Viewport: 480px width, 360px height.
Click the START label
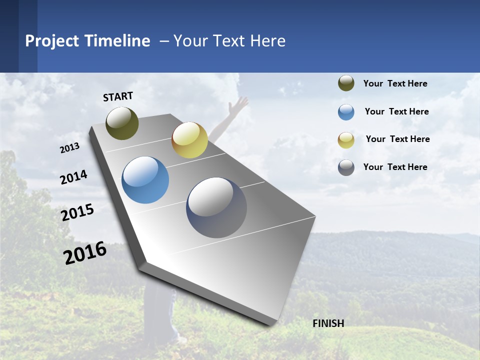pyautogui.click(x=118, y=96)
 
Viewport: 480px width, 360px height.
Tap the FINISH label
pyautogui.click(x=328, y=323)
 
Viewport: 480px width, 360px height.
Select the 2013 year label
pyautogui.click(x=70, y=148)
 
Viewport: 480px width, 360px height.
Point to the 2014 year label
pyautogui.click(x=73, y=177)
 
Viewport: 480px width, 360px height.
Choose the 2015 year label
pyautogui.click(x=77, y=212)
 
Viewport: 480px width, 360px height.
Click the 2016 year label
pyautogui.click(x=85, y=252)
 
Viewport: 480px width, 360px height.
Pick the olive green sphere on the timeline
pyautogui.click(x=122, y=123)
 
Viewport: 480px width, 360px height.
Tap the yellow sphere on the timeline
pyautogui.click(x=189, y=140)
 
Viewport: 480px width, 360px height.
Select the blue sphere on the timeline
pyautogui.click(x=145, y=180)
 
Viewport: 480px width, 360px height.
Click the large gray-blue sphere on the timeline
pyautogui.click(x=216, y=207)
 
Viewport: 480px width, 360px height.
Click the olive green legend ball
pyautogui.click(x=346, y=83)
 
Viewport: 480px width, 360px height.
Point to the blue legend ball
pyautogui.click(x=346, y=112)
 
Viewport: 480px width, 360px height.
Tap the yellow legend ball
pyautogui.click(x=346, y=140)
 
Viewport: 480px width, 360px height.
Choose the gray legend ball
pyautogui.click(x=346, y=167)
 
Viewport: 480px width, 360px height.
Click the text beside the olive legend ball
pyautogui.click(x=395, y=83)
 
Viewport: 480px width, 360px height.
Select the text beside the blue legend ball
pyautogui.click(x=396, y=111)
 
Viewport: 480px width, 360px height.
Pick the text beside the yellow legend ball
pyautogui.click(x=397, y=139)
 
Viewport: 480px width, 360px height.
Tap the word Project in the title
pyautogui.click(x=52, y=41)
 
